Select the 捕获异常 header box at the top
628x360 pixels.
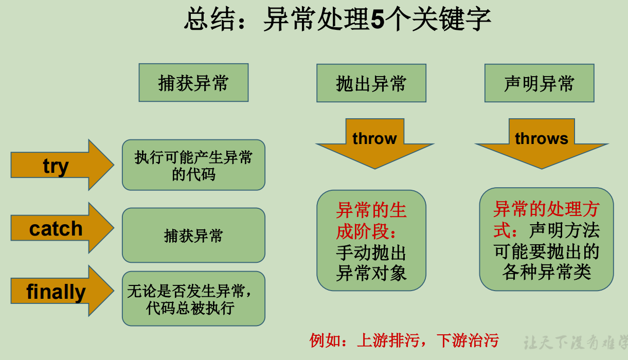193,83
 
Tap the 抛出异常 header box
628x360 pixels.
371,83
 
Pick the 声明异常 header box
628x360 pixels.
539,83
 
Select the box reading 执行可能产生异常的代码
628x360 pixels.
193,165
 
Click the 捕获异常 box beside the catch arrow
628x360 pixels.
193,236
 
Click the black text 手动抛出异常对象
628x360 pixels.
371,263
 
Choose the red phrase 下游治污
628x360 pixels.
468,340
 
